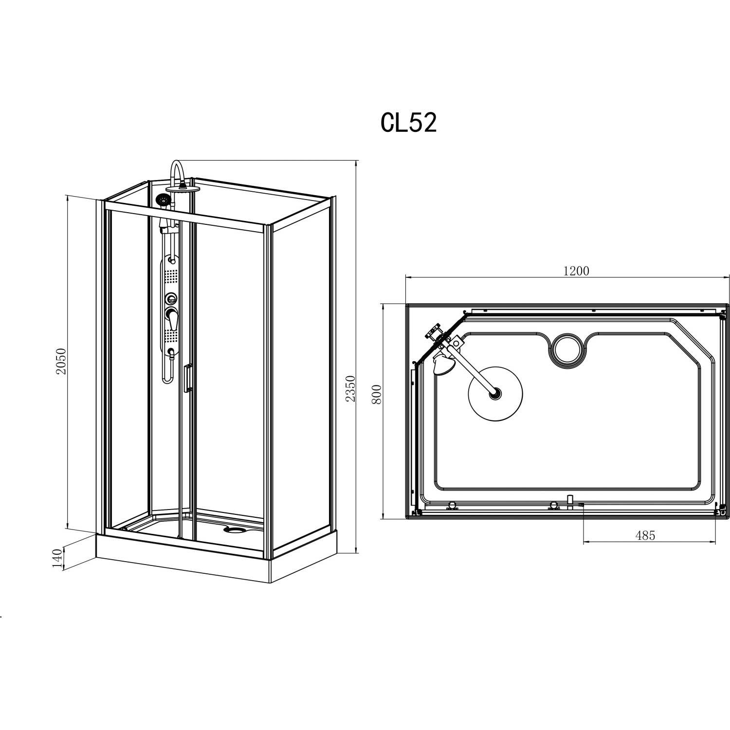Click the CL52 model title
tap(408, 124)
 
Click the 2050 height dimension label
tap(61, 361)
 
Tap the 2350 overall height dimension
tap(350, 388)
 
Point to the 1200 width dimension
tap(576, 271)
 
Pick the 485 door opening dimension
tap(645, 535)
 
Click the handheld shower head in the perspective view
tap(164, 200)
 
